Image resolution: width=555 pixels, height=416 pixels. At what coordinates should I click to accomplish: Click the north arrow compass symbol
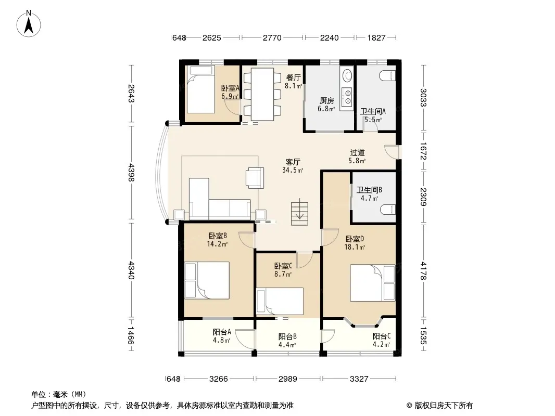29,24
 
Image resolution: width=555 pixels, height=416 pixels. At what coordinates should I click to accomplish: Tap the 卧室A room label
231,88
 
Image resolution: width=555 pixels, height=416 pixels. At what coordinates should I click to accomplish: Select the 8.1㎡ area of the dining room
294,86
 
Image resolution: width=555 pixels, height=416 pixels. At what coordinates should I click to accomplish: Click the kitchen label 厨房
326,101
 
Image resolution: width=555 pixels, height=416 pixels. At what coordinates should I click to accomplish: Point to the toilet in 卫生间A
387,75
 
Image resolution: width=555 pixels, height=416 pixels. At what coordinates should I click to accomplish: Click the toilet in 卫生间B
387,210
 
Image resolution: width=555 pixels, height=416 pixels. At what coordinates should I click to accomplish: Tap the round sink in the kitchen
347,75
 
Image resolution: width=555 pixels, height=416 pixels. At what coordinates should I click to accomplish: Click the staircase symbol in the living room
299,212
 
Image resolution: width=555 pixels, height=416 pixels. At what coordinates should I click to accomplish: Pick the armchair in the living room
255,177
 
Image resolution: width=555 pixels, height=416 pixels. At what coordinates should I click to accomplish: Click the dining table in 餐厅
262,94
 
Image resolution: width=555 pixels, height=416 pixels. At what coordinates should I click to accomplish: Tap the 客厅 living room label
293,162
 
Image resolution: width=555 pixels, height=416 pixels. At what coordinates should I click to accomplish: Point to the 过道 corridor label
357,153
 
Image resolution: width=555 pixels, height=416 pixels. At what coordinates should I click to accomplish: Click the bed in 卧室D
372,283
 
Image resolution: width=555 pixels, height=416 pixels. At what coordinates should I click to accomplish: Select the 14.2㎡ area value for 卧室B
217,244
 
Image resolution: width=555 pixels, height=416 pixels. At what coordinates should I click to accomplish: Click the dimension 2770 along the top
272,37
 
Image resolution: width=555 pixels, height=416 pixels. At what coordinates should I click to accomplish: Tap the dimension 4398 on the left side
131,173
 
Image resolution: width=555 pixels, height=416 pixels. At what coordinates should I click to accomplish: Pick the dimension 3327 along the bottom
359,379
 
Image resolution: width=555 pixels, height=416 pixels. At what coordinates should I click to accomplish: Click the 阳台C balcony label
382,336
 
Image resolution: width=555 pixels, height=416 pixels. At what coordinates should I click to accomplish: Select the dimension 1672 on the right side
423,151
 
